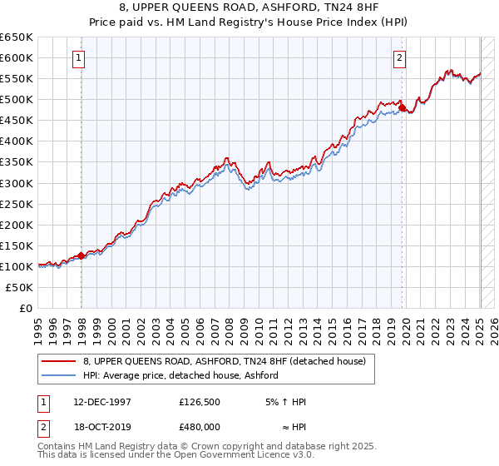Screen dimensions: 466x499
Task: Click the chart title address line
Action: click(249, 8)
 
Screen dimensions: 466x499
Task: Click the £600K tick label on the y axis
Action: click(17, 57)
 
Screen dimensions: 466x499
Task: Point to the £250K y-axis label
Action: click(17, 204)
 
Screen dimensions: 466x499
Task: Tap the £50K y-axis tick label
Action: click(20, 287)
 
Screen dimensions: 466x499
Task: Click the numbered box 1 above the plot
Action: click(78, 58)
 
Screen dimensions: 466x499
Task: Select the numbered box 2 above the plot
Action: click(400, 58)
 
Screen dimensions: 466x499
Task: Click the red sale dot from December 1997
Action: click(82, 255)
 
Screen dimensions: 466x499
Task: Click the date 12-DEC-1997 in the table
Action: click(102, 402)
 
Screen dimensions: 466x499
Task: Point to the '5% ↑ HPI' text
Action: click(285, 402)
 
